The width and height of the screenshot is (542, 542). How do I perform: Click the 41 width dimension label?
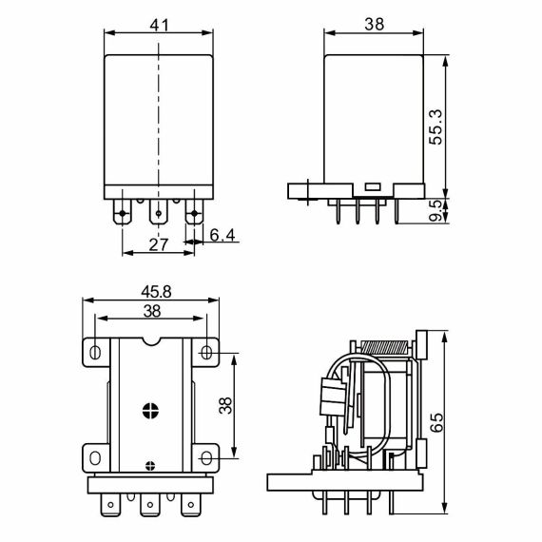tap(160, 25)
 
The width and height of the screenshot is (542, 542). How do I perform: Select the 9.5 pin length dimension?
tap(436, 210)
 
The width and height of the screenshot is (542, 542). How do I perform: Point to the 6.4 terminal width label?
tap(223, 235)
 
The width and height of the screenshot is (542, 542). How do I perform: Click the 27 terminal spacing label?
tap(159, 244)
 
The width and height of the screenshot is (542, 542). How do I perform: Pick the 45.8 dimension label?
tap(156, 292)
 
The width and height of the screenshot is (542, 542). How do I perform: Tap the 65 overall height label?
tap(436, 422)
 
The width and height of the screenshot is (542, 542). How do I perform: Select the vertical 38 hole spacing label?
tap(225, 405)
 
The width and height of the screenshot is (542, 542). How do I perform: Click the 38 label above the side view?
tap(375, 24)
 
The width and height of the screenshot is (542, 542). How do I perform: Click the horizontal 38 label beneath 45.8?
tap(152, 311)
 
